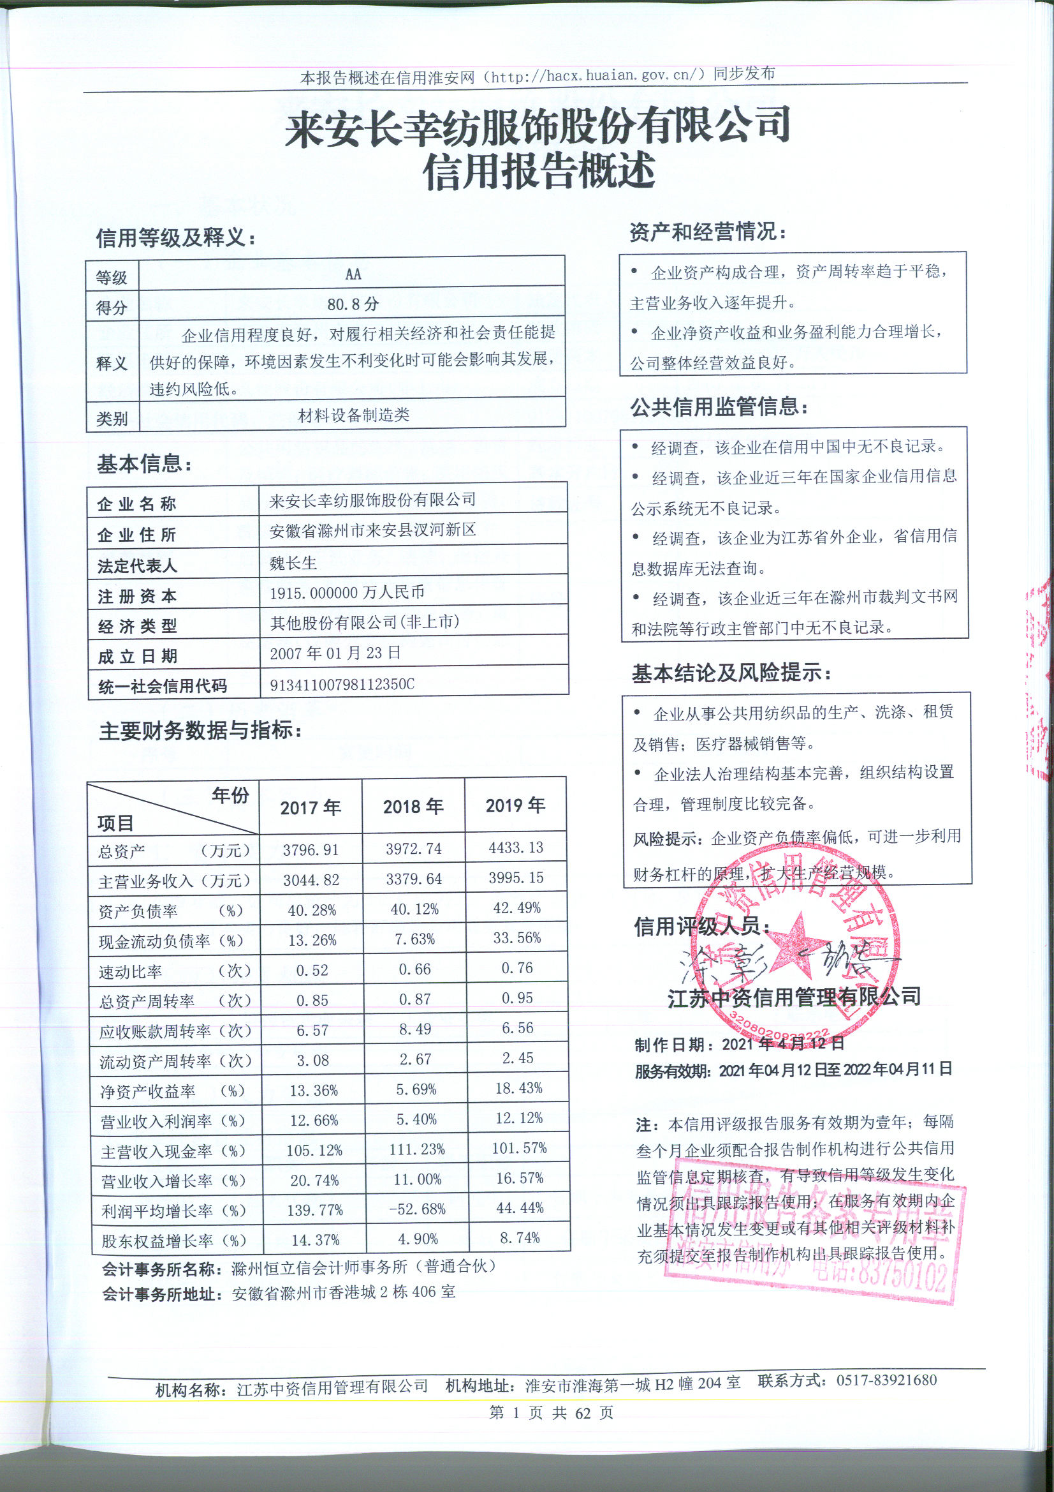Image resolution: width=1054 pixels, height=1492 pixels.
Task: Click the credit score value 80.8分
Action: coord(353,304)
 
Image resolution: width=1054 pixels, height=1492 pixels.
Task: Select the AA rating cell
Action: coord(353,274)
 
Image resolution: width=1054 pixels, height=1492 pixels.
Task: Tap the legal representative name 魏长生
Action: coord(293,563)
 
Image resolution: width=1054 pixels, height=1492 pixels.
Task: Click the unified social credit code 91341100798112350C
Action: coord(342,684)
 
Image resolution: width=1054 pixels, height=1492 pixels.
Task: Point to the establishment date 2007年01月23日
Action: coord(335,653)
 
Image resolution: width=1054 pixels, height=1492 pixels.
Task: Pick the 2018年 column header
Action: coord(413,807)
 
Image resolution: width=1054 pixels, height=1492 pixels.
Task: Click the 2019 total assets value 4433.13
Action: coord(517,847)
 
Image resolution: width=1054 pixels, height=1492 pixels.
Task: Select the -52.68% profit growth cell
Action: coord(417,1209)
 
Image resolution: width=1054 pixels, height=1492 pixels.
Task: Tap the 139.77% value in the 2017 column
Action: coord(314,1210)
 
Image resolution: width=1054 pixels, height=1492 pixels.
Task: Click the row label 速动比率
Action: coord(130,971)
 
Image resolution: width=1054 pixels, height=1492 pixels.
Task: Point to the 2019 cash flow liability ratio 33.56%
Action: coord(517,937)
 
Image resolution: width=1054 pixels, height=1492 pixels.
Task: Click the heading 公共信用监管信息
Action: coord(718,407)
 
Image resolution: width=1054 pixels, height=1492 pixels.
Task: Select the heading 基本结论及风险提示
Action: coord(731,673)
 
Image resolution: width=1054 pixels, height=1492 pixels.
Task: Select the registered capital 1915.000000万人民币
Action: coord(347,593)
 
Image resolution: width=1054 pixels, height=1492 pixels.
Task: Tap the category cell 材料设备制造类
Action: coord(353,415)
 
